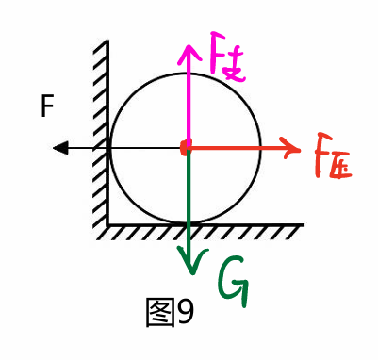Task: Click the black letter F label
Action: tap(47, 107)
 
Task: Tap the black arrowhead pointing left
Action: tap(60, 147)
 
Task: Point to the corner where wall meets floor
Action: tap(108, 224)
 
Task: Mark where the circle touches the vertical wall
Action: tap(110, 147)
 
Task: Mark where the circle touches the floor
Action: tap(187, 223)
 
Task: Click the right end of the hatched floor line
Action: tap(303, 225)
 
